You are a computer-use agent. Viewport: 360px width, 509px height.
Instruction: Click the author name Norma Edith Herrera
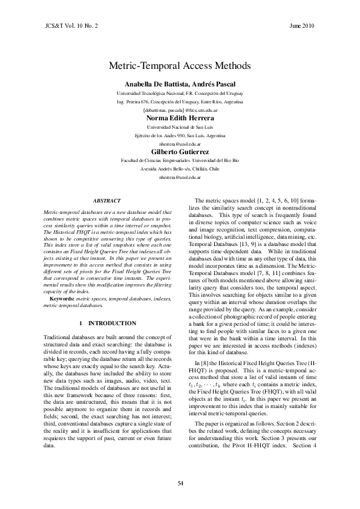tap(180, 118)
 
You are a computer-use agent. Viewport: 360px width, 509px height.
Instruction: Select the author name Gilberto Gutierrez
tap(180, 152)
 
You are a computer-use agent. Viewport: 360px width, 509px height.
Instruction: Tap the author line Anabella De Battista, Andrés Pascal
tap(180, 84)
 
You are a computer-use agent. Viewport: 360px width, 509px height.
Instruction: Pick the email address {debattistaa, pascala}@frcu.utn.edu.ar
tap(180, 111)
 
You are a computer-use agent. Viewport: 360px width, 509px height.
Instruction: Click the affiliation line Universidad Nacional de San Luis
tap(180, 128)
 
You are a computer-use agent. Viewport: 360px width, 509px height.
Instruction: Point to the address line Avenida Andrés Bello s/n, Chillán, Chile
tap(180, 170)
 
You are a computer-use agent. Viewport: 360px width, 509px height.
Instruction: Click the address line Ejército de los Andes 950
tap(180, 136)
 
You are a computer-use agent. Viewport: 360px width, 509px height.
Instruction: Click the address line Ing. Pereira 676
tap(180, 102)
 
